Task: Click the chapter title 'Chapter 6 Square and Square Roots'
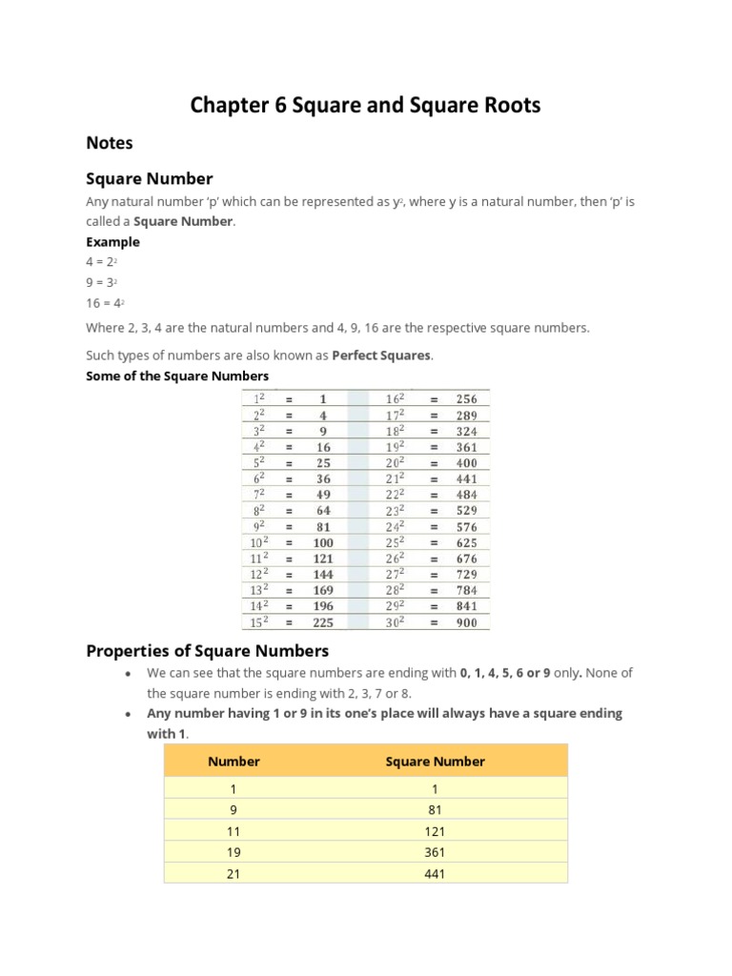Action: click(x=365, y=105)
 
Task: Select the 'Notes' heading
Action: click(x=110, y=143)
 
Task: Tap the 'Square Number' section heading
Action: click(x=150, y=179)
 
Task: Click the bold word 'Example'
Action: click(x=112, y=242)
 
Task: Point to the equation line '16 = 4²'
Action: click(x=105, y=302)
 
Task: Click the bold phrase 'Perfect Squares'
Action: click(x=381, y=356)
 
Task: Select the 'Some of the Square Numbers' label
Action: click(x=177, y=376)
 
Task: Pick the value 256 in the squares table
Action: click(x=466, y=399)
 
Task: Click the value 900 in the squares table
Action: click(x=466, y=621)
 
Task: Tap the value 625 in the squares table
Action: click(x=466, y=542)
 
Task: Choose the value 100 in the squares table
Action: click(x=323, y=542)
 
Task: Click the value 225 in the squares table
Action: click(x=323, y=621)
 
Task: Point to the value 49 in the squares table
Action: click(x=323, y=495)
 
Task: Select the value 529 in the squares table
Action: click(x=466, y=511)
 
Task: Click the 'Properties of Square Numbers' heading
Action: click(x=208, y=651)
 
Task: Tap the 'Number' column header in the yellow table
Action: click(x=234, y=762)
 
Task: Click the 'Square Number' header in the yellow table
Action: click(x=435, y=762)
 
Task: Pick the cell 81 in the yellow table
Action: click(x=435, y=810)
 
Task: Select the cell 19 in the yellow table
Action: click(x=234, y=852)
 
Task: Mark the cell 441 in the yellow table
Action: click(x=435, y=873)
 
